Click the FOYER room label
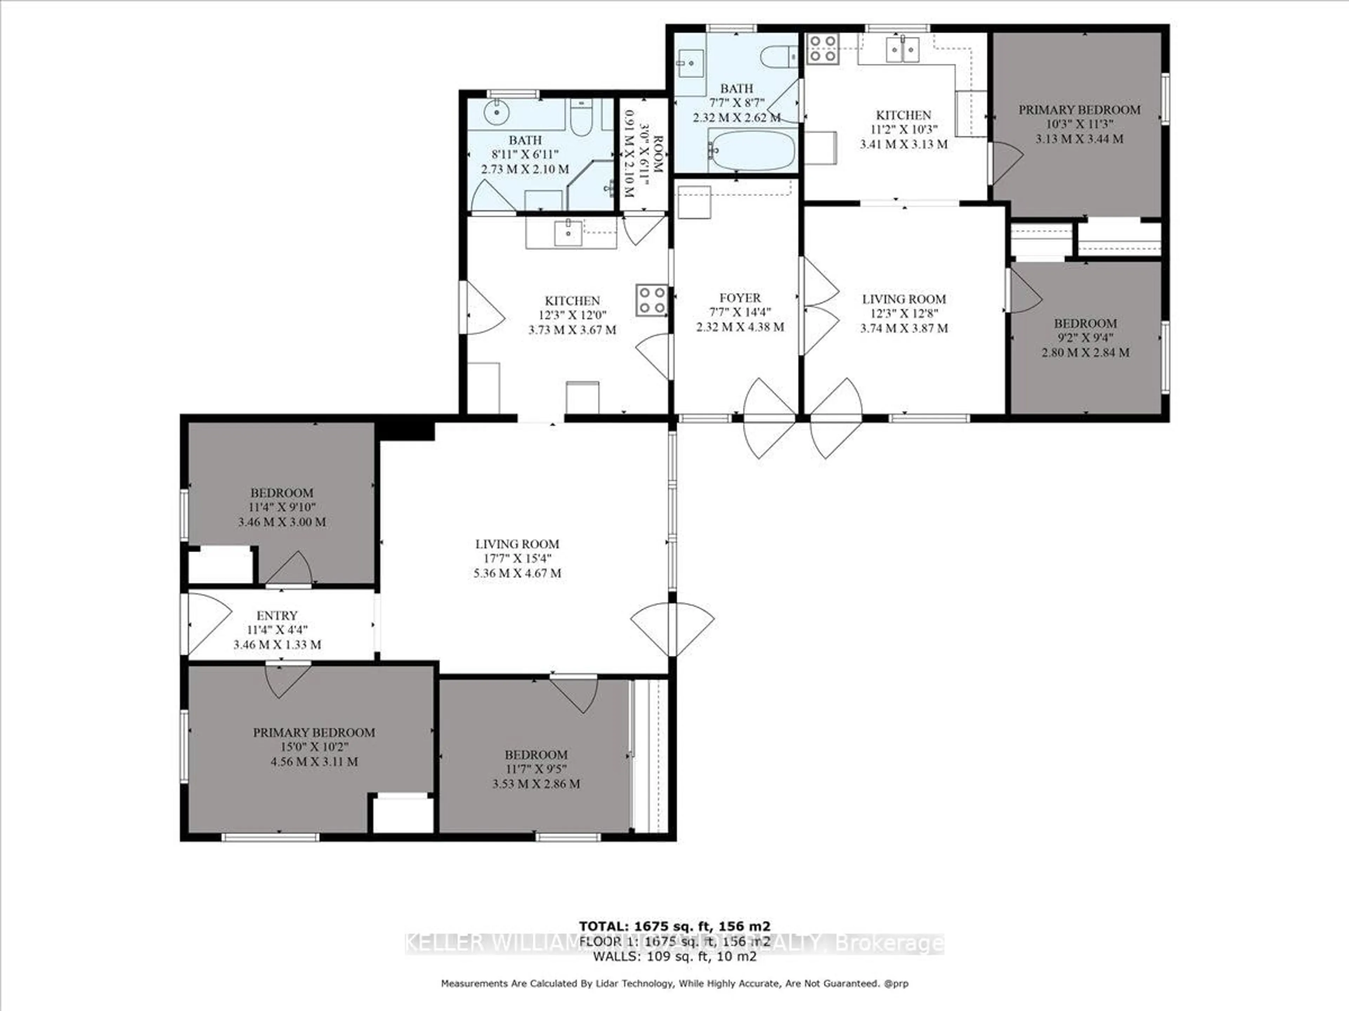tap(740, 298)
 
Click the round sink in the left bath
tap(497, 112)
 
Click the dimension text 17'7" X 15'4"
tap(517, 558)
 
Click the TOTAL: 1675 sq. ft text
tap(674, 927)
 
